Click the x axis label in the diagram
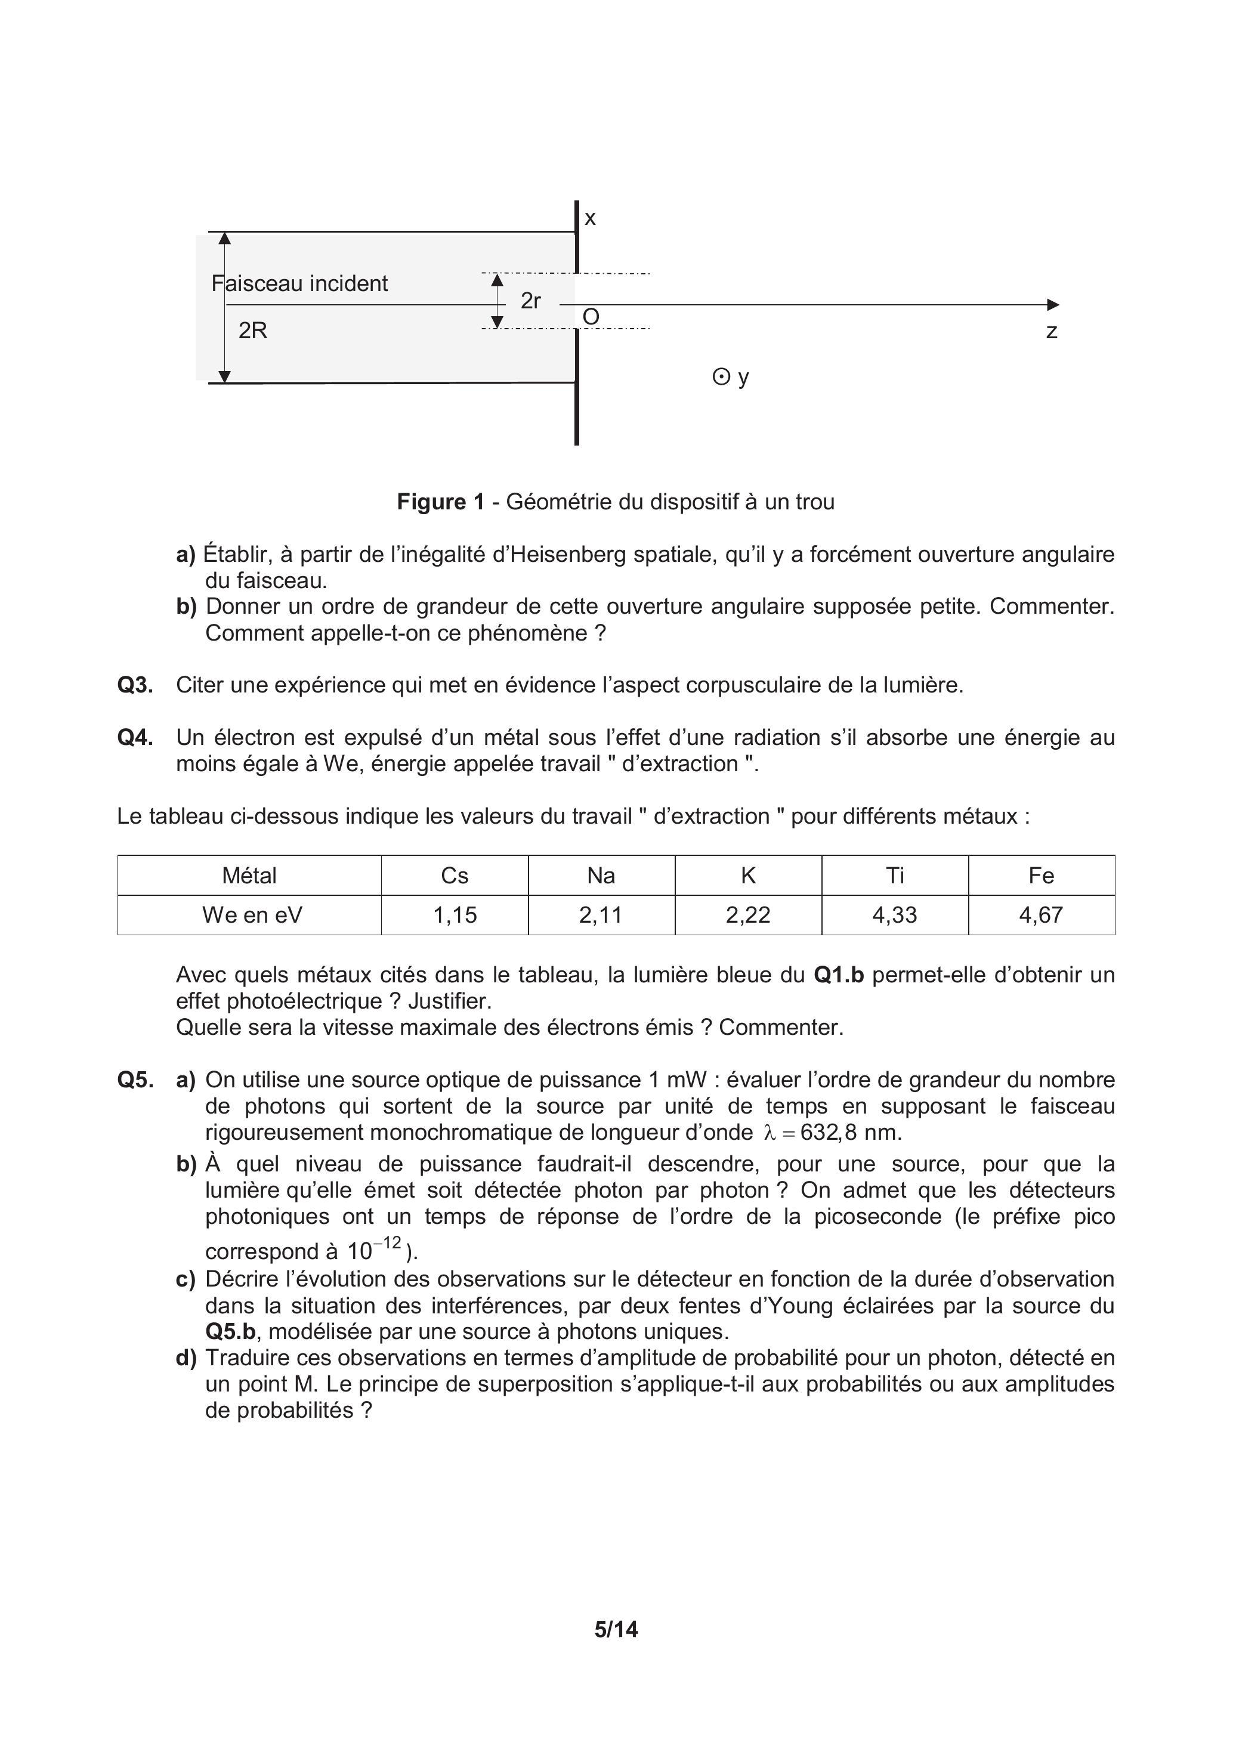591,219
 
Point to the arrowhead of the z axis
1053,305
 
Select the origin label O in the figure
591,317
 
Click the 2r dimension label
530,301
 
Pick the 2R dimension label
253,330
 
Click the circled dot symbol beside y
720,377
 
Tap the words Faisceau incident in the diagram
299,283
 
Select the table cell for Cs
455,876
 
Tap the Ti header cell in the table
895,876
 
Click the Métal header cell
249,876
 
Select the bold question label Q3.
135,685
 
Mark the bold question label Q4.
135,738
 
